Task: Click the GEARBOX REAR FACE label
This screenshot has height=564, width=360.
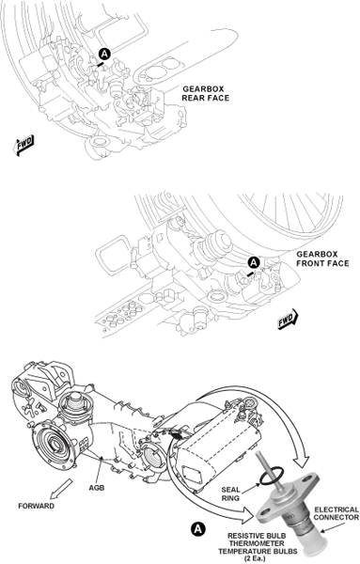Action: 205,93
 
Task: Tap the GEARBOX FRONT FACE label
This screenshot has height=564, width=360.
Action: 322,259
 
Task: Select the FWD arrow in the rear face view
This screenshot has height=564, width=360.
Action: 24,145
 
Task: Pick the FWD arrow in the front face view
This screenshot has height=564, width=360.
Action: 288,319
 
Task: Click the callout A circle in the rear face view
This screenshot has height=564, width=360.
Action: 104,55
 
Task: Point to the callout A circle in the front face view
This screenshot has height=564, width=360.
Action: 255,262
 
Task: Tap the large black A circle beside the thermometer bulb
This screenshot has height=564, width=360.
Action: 198,529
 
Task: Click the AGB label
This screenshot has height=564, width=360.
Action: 97,488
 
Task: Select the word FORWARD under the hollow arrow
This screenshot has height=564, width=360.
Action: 37,506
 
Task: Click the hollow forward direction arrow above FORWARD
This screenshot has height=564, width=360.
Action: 60,489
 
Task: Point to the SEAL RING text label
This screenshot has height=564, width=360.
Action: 230,493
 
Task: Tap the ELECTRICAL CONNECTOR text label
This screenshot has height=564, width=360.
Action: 337,513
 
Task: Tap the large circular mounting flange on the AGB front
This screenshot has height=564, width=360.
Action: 55,445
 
